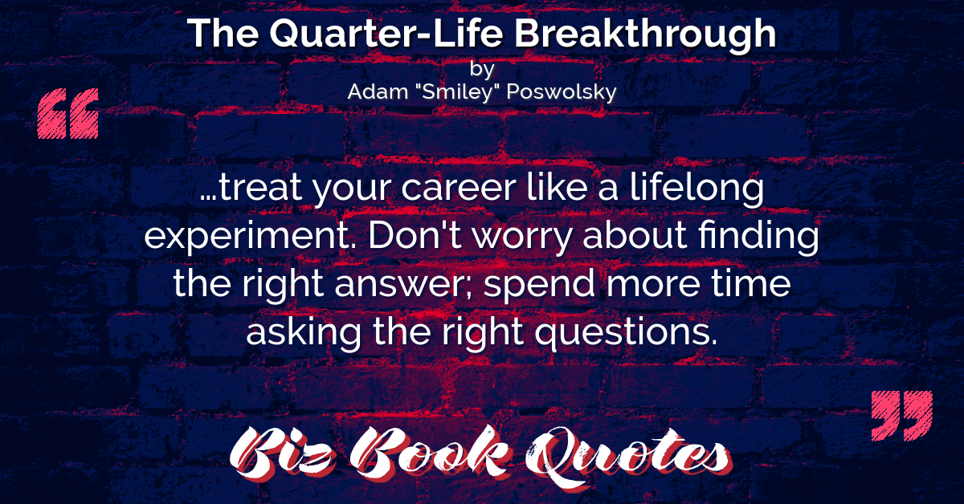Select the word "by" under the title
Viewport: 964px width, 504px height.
coord(482,69)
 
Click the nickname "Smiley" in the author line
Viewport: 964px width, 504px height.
coord(457,92)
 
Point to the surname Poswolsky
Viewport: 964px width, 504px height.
coord(562,92)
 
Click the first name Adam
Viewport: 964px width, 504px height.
coord(378,91)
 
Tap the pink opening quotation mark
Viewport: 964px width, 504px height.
coord(68,113)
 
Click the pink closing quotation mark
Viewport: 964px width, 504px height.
coord(902,416)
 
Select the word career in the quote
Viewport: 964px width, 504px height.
coord(459,189)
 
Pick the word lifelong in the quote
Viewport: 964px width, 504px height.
coord(696,189)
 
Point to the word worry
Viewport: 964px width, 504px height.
coord(522,238)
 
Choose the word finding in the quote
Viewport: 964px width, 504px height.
coord(758,236)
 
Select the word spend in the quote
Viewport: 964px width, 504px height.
coord(539,285)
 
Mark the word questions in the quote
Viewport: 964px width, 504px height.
coord(626,332)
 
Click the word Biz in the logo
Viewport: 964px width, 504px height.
coord(282,454)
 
